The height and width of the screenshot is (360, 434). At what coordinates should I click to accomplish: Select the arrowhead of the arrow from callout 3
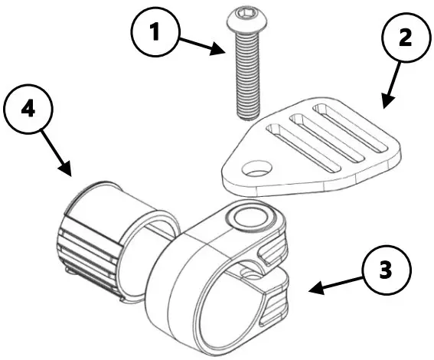(312, 290)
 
